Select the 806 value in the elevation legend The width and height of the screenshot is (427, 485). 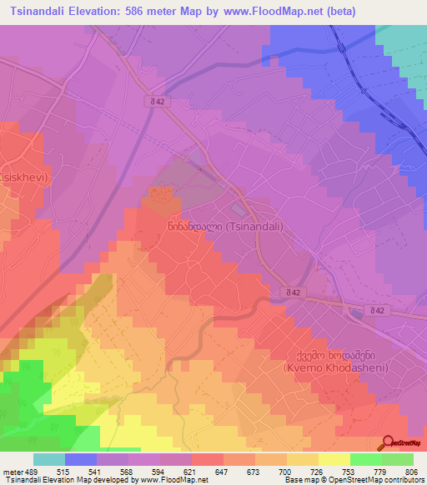[404, 472]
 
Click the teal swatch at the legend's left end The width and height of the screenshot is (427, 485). [49, 459]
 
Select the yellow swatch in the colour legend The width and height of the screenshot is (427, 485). [334, 459]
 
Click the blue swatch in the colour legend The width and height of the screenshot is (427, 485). [81, 459]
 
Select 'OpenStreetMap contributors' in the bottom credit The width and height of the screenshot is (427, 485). [380, 481]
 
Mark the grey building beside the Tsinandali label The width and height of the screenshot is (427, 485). [239, 208]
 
